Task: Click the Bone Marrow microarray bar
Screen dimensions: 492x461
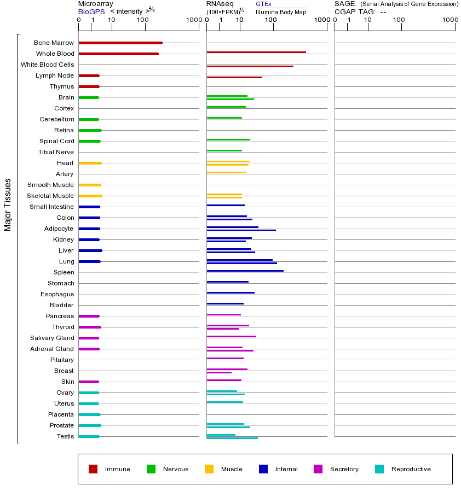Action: click(120, 43)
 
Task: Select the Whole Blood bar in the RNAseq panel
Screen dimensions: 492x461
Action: click(256, 52)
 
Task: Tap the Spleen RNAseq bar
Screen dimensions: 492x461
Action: click(245, 271)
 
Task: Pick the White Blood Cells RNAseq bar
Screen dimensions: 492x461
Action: click(250, 66)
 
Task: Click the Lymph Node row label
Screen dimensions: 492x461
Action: click(55, 75)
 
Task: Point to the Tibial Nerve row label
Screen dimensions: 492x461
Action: click(56, 152)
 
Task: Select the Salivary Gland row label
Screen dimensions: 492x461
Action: click(53, 338)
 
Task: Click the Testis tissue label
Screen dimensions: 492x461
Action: click(65, 436)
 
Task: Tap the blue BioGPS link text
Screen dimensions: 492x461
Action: click(91, 11)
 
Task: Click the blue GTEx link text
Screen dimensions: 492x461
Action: click(263, 4)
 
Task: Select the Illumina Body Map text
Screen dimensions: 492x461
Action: click(281, 12)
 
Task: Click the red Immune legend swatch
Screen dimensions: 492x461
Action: click(93, 469)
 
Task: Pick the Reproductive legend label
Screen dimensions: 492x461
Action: click(411, 469)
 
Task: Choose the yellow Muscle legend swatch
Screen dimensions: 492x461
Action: click(209, 469)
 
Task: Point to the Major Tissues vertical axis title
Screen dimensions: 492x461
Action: click(8, 204)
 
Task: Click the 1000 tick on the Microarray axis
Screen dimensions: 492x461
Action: click(193, 20)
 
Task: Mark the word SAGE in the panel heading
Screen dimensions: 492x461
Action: click(345, 4)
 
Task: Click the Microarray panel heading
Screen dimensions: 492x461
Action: click(96, 4)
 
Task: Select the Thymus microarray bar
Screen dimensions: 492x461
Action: click(89, 86)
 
